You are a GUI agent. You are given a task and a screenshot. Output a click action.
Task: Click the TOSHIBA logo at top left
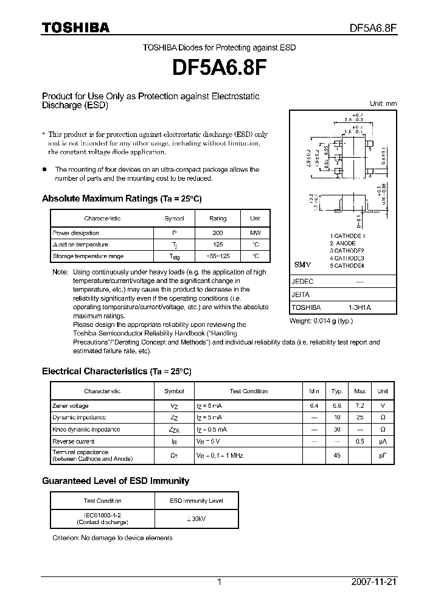(x=75, y=27)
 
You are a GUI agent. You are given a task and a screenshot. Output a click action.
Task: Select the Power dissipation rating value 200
(x=218, y=233)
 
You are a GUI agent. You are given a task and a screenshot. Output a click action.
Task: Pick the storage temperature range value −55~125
(x=218, y=256)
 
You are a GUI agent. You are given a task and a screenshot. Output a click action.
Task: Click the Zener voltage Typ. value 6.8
(x=336, y=405)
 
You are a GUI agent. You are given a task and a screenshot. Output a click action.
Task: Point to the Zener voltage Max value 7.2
(x=360, y=405)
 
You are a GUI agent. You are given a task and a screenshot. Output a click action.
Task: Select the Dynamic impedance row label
(x=79, y=418)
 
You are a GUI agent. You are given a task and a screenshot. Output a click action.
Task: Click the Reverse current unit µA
(x=383, y=441)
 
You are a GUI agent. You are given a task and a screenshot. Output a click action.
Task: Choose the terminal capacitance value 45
(x=336, y=455)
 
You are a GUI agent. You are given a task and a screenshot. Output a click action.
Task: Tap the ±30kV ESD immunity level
(x=196, y=518)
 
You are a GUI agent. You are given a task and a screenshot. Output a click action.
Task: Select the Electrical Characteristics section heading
(x=116, y=371)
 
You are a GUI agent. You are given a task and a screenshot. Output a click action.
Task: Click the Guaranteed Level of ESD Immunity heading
(x=116, y=481)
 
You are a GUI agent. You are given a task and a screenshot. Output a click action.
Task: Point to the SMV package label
(x=302, y=265)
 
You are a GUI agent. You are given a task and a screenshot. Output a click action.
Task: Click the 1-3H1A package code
(x=360, y=308)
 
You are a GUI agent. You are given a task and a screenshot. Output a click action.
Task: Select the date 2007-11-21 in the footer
(x=374, y=582)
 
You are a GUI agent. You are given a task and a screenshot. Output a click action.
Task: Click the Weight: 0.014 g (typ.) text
(x=321, y=321)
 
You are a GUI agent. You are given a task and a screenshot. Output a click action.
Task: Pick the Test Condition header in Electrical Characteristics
(x=248, y=391)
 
